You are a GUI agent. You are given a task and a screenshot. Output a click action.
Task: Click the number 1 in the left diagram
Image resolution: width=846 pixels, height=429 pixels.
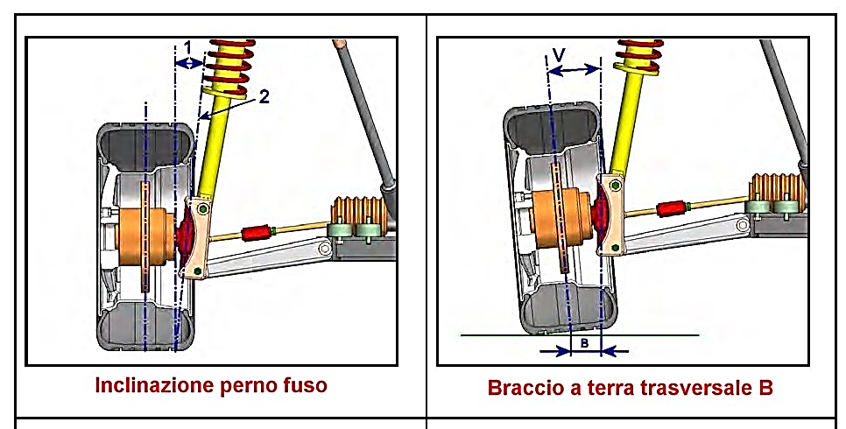point(187,46)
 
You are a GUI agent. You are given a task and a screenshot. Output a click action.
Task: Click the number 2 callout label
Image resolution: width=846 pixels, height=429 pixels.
point(264,97)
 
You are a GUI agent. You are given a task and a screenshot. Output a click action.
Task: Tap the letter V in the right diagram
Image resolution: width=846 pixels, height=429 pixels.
point(559,55)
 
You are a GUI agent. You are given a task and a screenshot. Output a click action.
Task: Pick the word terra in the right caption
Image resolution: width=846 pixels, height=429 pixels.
point(610,388)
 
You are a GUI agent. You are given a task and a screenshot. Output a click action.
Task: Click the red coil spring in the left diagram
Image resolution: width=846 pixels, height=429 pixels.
point(229,61)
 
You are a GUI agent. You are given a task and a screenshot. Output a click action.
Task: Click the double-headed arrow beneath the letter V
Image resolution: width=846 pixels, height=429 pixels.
point(573,70)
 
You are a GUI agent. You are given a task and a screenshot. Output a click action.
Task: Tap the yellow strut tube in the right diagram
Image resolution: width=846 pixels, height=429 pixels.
point(628,123)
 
